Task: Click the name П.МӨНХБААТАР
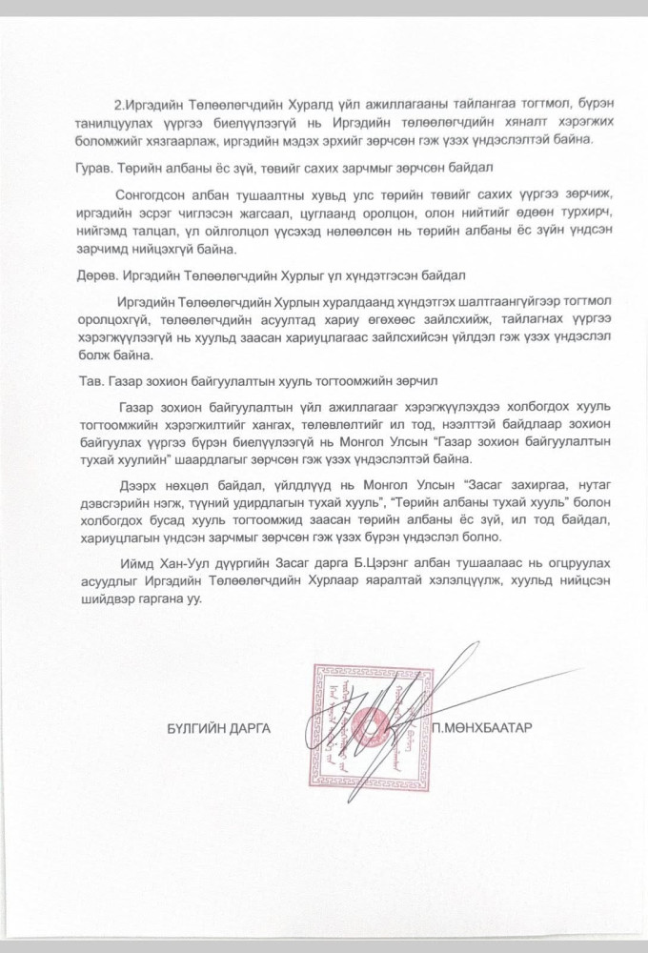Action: pyautogui.click(x=481, y=728)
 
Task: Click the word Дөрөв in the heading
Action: pyautogui.click(x=97, y=276)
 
